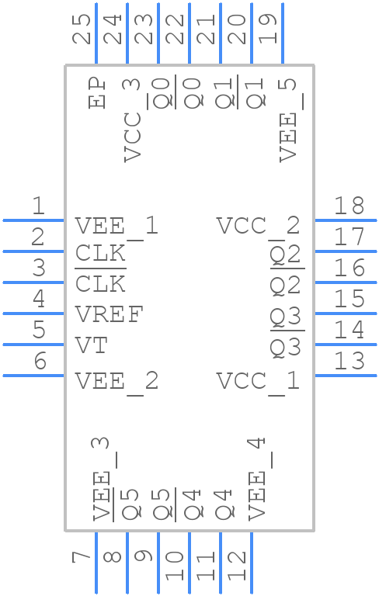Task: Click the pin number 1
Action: (37, 206)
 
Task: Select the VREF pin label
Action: (110, 316)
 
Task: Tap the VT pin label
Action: (91, 346)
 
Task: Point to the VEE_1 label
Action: (116, 227)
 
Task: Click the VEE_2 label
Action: (116, 382)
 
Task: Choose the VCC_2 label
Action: (258, 227)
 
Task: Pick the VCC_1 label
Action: (258, 382)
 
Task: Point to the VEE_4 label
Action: (257, 478)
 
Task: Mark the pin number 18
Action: (349, 206)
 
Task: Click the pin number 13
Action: (349, 361)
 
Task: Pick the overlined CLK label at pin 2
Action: (100, 254)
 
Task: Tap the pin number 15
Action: (349, 299)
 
